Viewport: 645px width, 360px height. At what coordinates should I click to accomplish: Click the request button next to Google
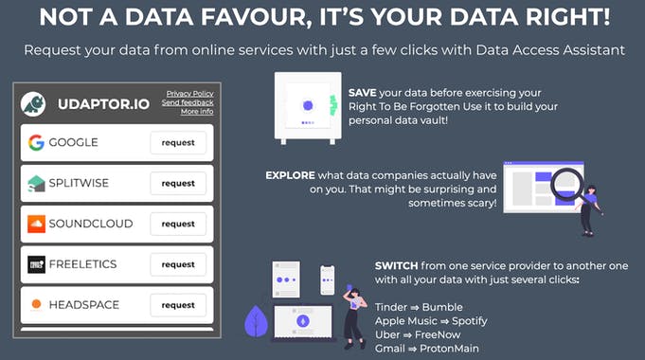point(178,143)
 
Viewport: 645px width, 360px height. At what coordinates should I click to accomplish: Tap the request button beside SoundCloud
point(178,225)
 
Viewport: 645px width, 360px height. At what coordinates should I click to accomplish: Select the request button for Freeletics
point(178,265)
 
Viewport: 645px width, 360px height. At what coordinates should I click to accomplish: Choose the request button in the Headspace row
point(178,306)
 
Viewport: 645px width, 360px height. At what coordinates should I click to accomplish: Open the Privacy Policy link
point(189,94)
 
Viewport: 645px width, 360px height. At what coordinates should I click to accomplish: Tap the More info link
point(196,111)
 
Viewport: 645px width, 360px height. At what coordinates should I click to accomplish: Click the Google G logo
point(36,143)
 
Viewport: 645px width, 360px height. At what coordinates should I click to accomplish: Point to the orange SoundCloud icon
point(36,225)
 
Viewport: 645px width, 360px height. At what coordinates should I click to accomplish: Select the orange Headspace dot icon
point(36,305)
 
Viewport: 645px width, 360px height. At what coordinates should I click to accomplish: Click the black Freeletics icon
point(36,265)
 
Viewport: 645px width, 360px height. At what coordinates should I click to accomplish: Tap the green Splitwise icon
point(36,184)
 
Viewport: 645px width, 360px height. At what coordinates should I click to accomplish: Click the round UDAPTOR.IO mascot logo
point(33,103)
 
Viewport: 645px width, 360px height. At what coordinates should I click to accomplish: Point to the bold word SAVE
point(362,92)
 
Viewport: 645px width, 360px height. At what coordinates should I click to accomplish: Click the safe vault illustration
point(306,107)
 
